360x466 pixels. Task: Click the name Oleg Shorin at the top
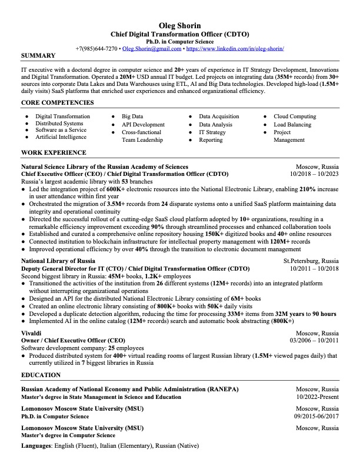tap(179, 25)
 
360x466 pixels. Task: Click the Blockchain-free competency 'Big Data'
tap(132, 116)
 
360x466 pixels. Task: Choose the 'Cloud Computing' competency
tap(295, 116)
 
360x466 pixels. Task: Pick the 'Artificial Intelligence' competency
tap(61, 137)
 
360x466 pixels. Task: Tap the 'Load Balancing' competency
tap(292, 125)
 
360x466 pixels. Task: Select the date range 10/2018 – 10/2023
tap(314, 175)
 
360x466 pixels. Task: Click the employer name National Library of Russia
tap(58, 261)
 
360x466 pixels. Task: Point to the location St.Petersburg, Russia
tap(311, 261)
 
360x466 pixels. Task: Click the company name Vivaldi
tap(31, 333)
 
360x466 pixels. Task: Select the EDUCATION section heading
tap(41, 375)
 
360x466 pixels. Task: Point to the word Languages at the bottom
tap(36, 447)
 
